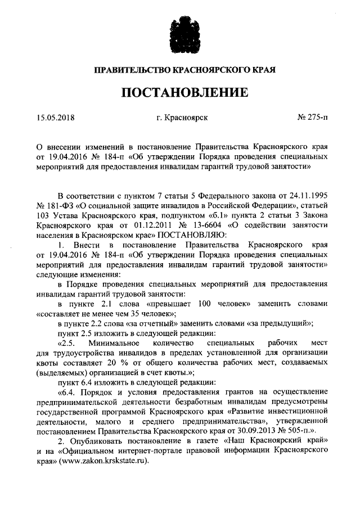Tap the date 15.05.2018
55,118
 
